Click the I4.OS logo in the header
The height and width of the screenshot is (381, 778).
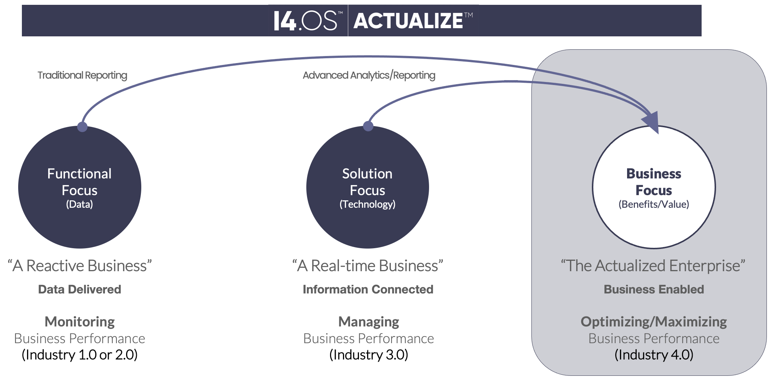[x=305, y=21]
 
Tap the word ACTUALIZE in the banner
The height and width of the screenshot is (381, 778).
[x=408, y=21]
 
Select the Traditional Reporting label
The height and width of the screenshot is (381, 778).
[x=82, y=75]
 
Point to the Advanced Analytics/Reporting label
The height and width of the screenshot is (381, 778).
[x=369, y=75]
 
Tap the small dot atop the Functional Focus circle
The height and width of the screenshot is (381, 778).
[x=82, y=127]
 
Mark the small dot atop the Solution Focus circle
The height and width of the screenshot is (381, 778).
[x=368, y=126]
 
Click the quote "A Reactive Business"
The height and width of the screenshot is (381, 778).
[x=80, y=266]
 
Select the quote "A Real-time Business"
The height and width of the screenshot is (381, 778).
[x=367, y=266]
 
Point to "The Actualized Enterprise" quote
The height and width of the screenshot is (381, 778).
[x=653, y=266]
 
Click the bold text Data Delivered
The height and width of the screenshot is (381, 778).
[x=80, y=289]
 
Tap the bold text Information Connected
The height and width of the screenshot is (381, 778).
[x=368, y=289]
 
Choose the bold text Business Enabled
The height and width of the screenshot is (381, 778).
[x=654, y=289]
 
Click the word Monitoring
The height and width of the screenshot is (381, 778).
[x=80, y=322]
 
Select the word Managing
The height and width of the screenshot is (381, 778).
[x=369, y=322]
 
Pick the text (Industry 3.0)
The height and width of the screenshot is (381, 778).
[x=369, y=355]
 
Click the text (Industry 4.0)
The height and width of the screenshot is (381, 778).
[x=654, y=355]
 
